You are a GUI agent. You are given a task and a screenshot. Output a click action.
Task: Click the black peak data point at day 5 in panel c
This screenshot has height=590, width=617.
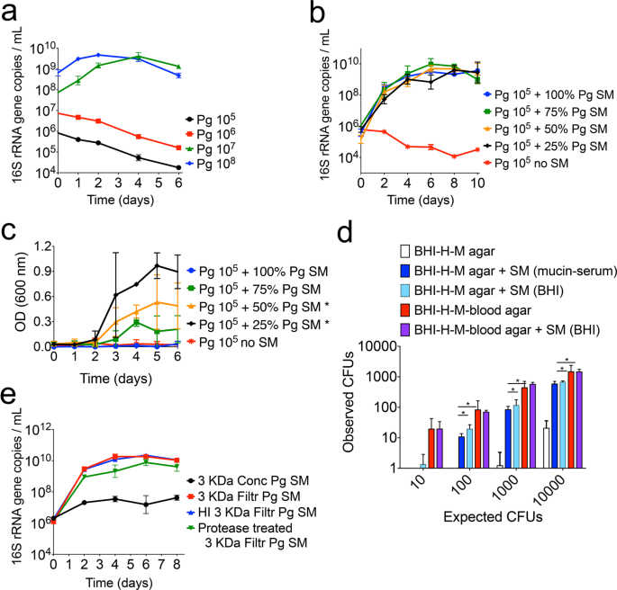[158, 266]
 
